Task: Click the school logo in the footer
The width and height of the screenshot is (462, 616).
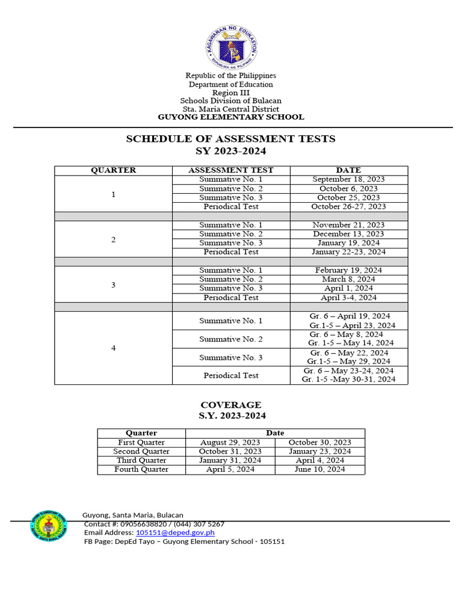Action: pos(49,526)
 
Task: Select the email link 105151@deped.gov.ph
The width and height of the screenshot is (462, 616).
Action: pos(175,532)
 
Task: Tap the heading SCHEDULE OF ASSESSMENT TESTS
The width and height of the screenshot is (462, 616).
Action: pos(230,139)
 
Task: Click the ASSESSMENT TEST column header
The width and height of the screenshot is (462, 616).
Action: pos(231,170)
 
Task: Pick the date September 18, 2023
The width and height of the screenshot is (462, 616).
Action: pos(348,179)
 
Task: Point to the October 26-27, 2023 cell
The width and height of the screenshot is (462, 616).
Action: pos(348,206)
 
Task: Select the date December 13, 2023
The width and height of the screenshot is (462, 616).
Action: pos(348,233)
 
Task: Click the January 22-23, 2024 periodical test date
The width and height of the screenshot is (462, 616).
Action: pos(348,252)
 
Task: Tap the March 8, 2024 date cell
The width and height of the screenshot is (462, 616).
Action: pos(348,279)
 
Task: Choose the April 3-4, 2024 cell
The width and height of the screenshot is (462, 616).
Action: pos(348,297)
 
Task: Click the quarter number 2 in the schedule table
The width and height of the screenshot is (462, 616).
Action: pos(113,239)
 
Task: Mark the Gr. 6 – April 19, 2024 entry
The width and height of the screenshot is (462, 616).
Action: pos(350,316)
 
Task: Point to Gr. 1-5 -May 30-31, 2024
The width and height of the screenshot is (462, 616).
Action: pos(349,380)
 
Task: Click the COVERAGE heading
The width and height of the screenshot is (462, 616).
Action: pos(230,405)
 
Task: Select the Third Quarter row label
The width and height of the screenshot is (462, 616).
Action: pos(141,460)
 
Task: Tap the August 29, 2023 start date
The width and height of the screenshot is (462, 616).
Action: pos(230,442)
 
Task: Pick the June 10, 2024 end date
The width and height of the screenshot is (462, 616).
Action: pos(319,469)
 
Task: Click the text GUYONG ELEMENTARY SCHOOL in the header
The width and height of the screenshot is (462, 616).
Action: pos(230,117)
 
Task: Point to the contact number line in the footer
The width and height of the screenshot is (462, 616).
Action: pos(154,524)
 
